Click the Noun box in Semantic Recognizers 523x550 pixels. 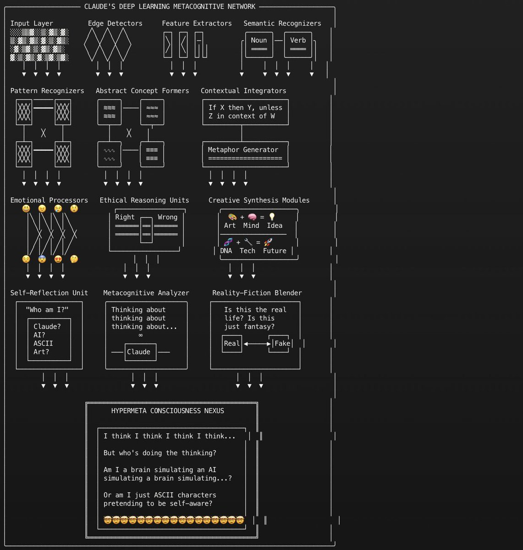click(259, 44)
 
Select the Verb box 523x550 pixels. click(298, 44)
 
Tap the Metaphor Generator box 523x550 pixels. click(245, 154)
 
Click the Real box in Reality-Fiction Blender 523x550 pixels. click(232, 344)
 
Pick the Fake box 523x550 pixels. click(282, 344)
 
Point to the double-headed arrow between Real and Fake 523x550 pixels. click(257, 344)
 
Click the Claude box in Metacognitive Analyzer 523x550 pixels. click(138, 352)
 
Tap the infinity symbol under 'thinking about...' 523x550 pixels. click(140, 335)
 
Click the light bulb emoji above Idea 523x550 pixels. click(272, 217)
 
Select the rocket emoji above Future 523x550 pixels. click(269, 242)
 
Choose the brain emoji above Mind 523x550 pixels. click(252, 217)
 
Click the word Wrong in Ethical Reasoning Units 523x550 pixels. click(167, 217)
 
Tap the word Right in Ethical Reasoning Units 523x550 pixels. click(125, 217)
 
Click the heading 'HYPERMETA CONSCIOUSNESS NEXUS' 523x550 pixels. click(168, 411)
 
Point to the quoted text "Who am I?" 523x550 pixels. click(47, 310)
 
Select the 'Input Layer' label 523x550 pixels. click(32, 23)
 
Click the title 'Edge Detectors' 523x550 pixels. click(115, 23)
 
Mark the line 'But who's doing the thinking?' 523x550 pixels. click(160, 453)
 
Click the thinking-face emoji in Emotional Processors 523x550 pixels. click(74, 259)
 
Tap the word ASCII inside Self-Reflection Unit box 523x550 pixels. click(43, 343)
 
